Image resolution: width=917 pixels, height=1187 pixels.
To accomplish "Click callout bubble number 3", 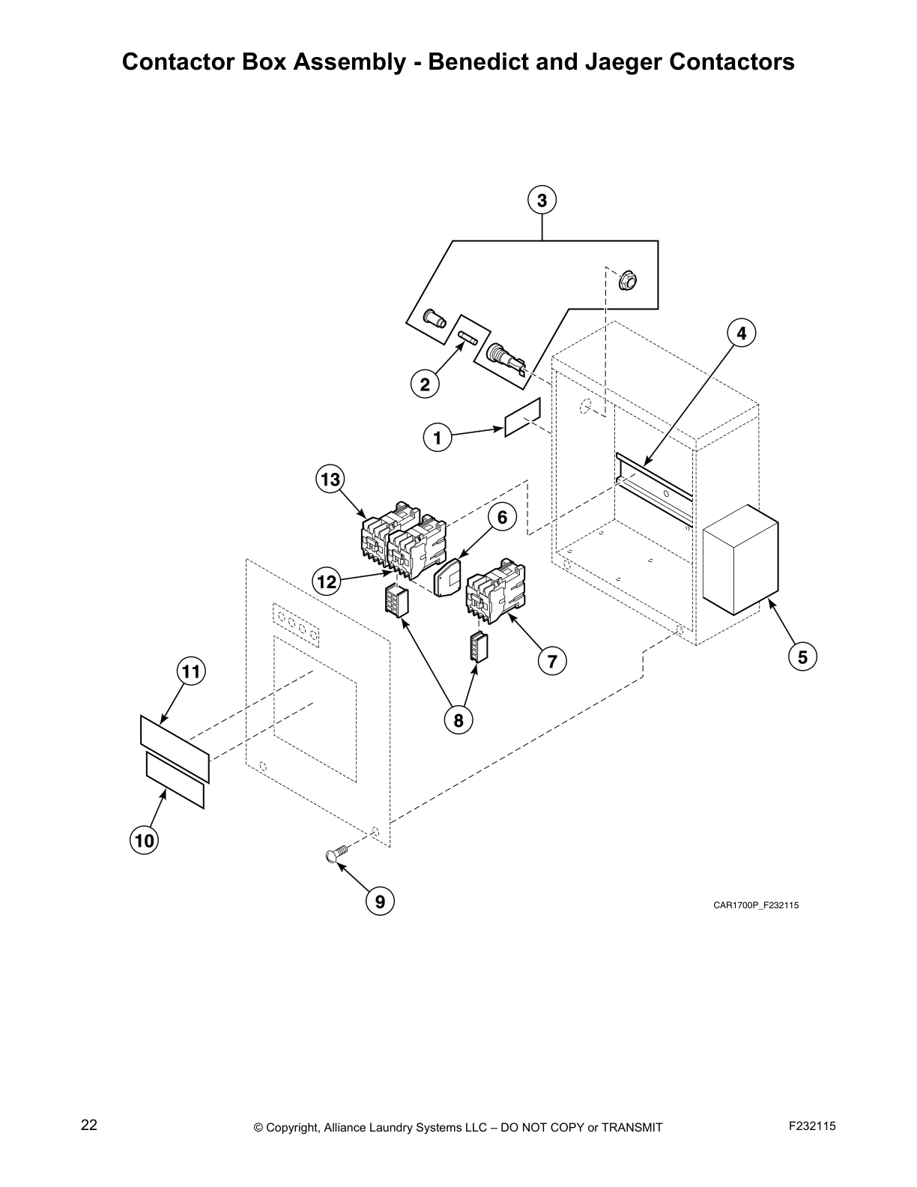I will point(542,201).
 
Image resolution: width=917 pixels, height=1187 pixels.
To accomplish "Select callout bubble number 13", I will point(330,479).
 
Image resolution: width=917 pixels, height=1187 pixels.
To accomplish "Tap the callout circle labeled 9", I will point(380,901).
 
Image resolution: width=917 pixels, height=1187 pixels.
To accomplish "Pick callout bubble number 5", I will point(802,657).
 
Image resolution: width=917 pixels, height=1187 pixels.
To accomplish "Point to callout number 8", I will point(458,720).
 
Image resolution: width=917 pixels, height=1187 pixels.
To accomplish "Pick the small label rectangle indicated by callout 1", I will point(522,417).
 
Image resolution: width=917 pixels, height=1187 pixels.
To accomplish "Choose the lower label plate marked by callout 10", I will point(175,781).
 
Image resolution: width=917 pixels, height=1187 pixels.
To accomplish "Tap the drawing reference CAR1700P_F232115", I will point(755,905).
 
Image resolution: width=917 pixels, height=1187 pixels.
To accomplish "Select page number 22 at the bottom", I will point(89,1126).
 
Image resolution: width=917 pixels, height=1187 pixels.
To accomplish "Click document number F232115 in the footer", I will point(812,1126).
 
